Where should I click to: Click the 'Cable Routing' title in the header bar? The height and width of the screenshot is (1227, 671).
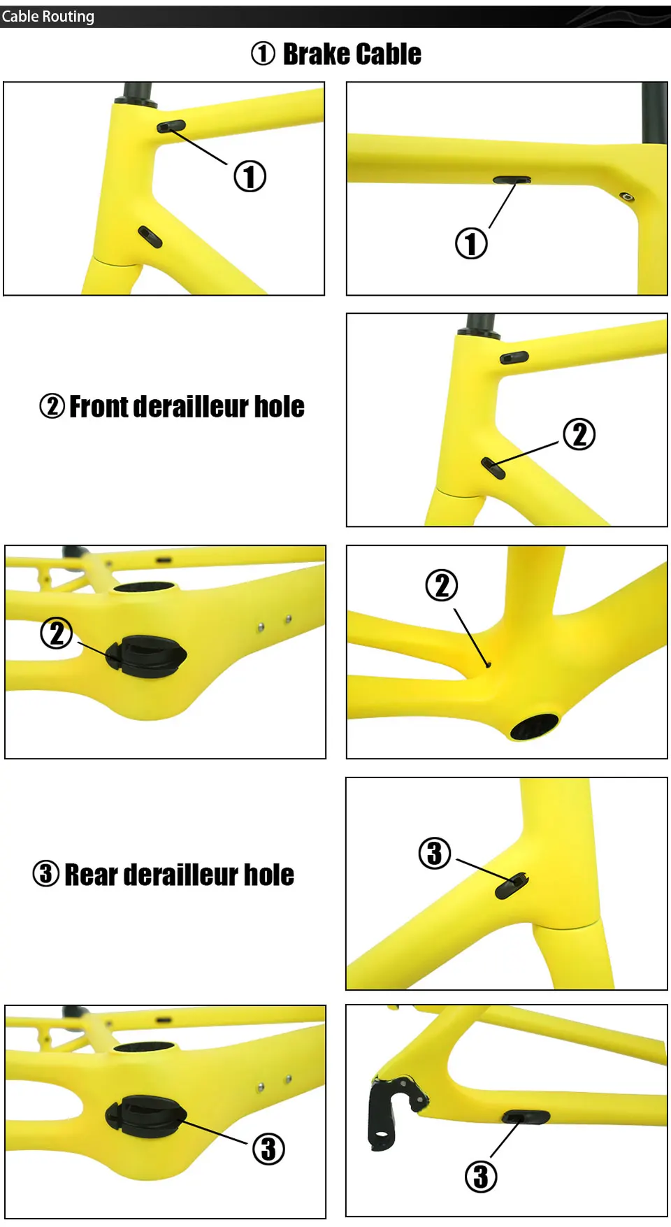click(x=48, y=16)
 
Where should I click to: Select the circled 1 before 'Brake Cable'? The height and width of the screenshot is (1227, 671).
click(x=263, y=54)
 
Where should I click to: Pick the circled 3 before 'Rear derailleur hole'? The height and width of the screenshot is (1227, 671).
click(x=46, y=874)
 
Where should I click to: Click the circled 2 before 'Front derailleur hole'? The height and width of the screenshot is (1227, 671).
click(x=52, y=406)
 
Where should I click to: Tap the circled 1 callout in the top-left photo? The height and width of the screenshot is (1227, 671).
click(x=250, y=176)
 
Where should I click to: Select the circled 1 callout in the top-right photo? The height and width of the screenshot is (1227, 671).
click(x=471, y=244)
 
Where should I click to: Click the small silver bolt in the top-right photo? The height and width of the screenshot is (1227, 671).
click(x=628, y=196)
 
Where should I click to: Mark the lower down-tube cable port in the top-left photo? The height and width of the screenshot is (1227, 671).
click(x=150, y=237)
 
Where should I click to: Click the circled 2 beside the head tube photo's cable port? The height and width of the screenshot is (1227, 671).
click(x=579, y=434)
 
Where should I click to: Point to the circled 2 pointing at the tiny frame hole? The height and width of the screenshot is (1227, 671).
click(x=442, y=586)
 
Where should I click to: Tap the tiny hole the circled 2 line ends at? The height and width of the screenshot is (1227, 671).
click(x=489, y=665)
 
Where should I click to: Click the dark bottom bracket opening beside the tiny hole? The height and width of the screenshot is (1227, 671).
click(x=535, y=726)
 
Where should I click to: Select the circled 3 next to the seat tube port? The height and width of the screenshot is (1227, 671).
click(x=434, y=853)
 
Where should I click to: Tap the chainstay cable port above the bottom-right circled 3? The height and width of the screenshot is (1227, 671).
click(x=526, y=1117)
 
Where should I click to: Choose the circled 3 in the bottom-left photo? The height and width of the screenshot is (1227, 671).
click(x=268, y=1149)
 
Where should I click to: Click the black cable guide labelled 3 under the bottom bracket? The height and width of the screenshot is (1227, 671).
click(x=145, y=1117)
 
